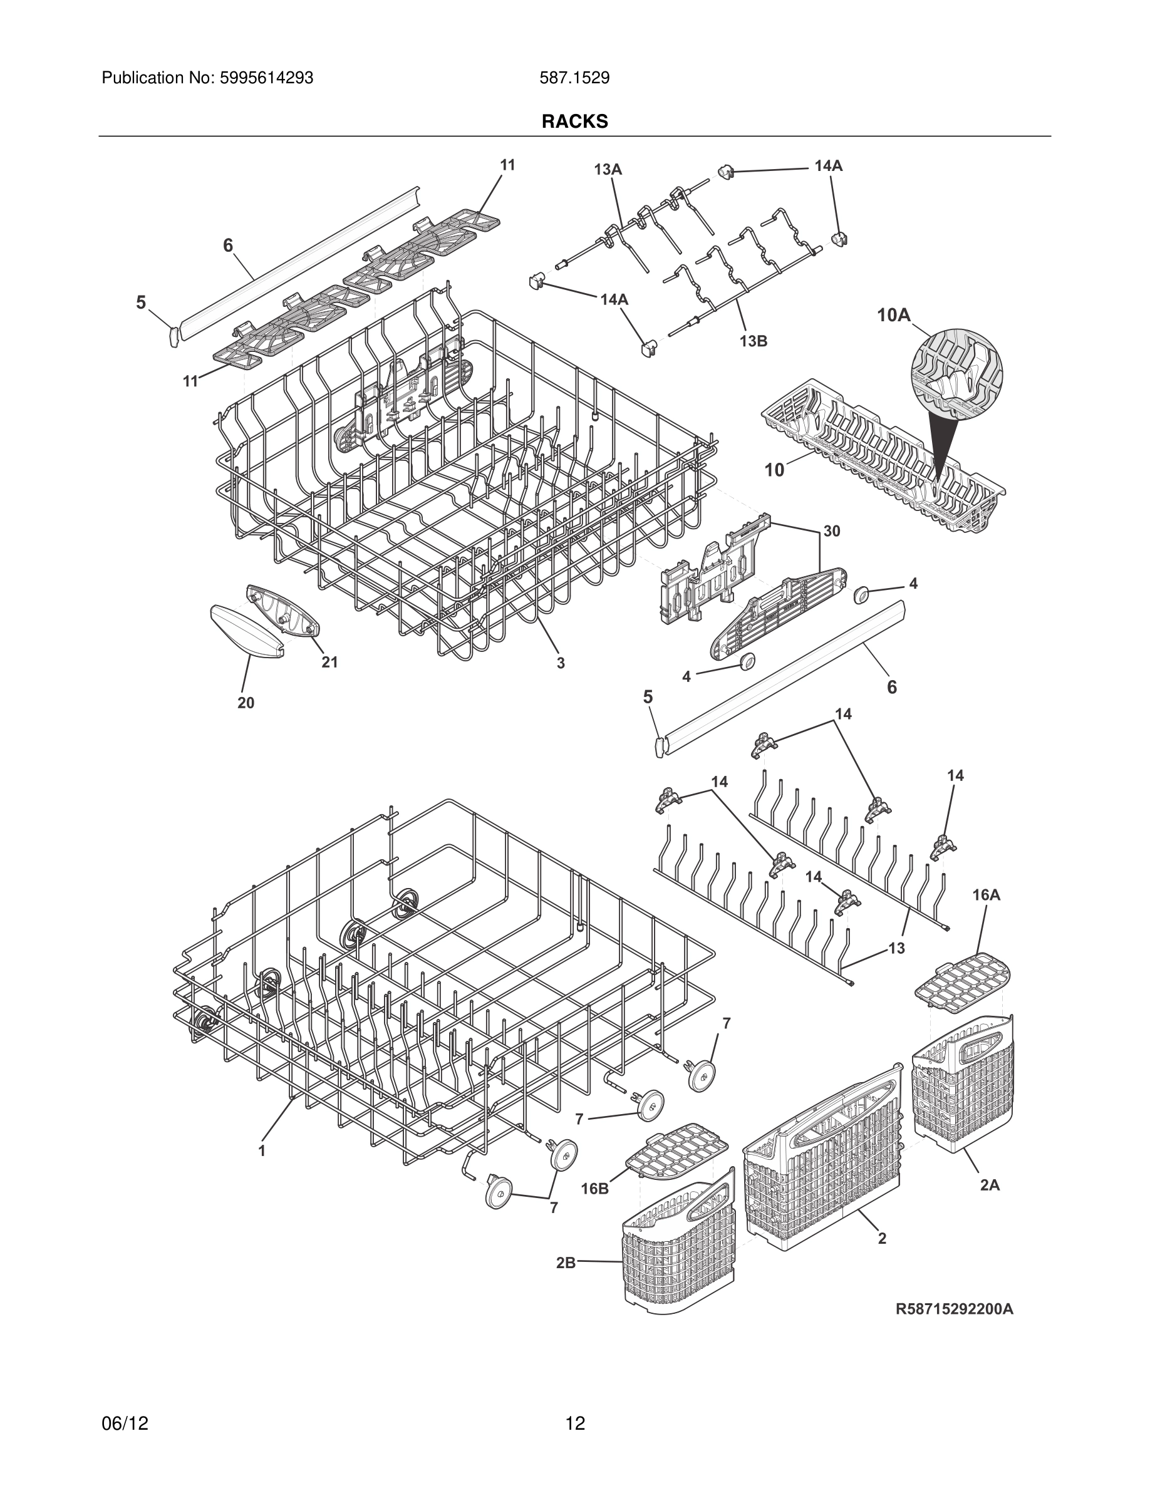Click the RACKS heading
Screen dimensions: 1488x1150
574,121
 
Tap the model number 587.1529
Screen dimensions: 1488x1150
574,78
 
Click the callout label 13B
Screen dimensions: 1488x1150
753,341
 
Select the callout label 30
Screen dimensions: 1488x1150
831,530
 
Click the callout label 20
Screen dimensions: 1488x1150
246,703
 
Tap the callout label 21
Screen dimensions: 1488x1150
329,662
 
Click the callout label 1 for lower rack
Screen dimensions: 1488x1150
262,1150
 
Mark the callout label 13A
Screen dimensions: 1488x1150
608,169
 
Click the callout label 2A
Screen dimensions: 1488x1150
990,1186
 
